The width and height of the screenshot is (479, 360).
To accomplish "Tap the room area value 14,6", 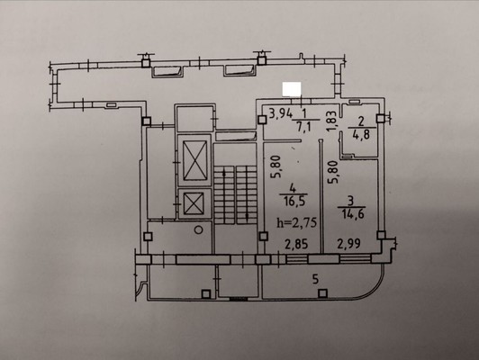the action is click(x=353, y=214).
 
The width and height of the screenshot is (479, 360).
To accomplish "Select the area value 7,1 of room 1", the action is click(x=304, y=126).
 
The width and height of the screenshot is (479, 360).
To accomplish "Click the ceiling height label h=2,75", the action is click(x=296, y=222).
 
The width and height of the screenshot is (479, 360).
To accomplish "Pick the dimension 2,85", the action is click(x=296, y=244).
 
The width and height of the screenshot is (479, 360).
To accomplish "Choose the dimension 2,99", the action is click(x=348, y=244).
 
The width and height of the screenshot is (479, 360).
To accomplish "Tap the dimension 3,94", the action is click(x=281, y=113).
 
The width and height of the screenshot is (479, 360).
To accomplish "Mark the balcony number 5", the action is click(x=316, y=279).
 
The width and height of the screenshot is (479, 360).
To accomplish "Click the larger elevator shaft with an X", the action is click(x=194, y=160).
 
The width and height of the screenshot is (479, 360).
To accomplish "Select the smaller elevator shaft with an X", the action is click(x=194, y=203).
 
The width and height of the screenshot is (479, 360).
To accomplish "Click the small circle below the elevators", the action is click(x=199, y=229).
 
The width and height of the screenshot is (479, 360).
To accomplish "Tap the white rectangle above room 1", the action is click(x=292, y=89).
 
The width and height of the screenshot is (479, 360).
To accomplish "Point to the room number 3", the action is click(x=351, y=201).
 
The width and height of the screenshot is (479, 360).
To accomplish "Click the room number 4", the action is click(x=293, y=188).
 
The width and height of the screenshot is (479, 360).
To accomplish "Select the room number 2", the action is click(x=361, y=121).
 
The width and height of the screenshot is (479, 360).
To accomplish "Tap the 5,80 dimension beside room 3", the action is click(x=332, y=172).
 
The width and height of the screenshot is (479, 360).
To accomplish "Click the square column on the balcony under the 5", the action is click(x=322, y=293).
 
